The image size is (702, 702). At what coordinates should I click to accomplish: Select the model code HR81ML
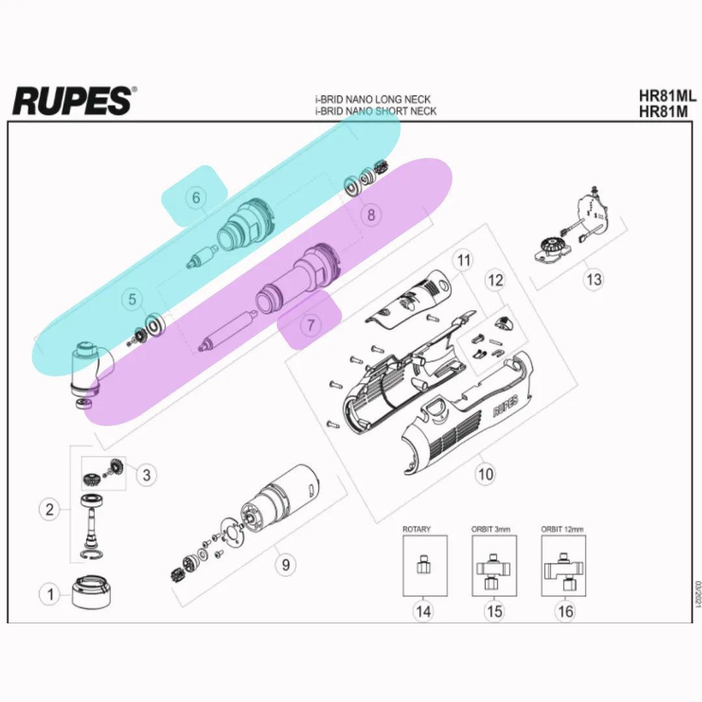point(668,96)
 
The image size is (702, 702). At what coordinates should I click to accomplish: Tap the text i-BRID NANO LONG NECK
point(372,100)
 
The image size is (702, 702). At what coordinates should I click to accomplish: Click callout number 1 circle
point(50,594)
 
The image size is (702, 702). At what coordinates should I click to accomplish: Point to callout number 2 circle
point(50,510)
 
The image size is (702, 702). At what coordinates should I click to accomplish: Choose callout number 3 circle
point(146,475)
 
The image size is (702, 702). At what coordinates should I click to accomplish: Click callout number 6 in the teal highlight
point(196,197)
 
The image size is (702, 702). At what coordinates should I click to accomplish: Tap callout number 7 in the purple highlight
point(311,324)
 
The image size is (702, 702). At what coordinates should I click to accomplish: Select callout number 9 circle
point(285,564)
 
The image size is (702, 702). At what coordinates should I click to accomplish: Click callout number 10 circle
point(486,474)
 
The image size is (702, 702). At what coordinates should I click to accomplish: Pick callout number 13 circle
point(594,280)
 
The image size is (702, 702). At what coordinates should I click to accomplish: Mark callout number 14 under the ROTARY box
point(424,612)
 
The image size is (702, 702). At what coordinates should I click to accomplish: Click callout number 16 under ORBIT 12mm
point(565,612)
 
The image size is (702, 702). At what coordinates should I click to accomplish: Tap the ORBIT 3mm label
point(491,529)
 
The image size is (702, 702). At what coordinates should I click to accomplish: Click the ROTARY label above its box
point(416,529)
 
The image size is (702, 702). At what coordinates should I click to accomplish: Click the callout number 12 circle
point(495,281)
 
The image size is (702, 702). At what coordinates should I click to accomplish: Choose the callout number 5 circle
point(133,300)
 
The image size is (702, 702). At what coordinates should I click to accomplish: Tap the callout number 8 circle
point(371,215)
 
